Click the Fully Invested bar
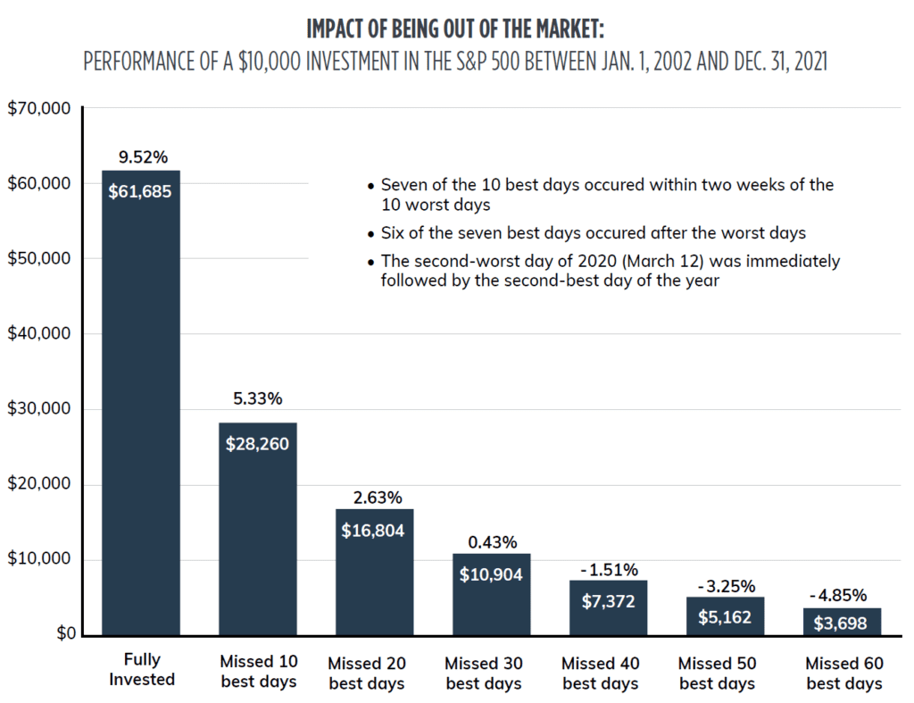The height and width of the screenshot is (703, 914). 141,402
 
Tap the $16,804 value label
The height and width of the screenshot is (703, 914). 374,531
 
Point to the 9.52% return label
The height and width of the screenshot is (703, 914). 143,158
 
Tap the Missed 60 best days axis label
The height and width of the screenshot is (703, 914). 844,673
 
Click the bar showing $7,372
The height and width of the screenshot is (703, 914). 609,607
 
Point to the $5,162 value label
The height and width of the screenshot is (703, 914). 726,617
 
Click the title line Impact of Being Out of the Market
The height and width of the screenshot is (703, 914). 455,29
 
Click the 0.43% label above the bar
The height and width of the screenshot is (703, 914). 492,542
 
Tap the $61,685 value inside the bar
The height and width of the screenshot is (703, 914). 141,191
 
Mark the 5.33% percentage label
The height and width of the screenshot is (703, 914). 258,398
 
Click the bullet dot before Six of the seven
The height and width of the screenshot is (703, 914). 371,234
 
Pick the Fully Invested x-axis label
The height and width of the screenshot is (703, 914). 142,669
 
